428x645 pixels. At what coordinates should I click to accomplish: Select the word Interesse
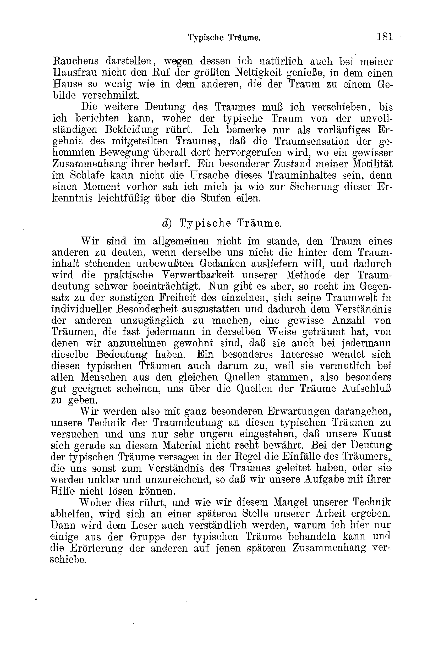point(302,354)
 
